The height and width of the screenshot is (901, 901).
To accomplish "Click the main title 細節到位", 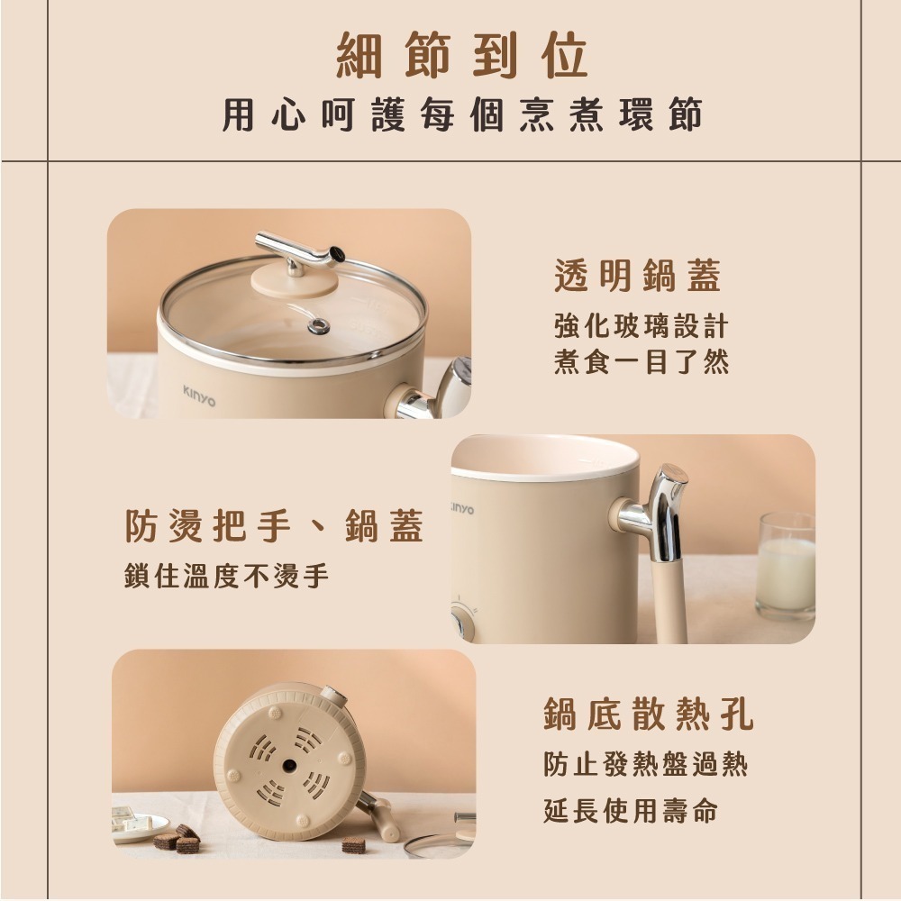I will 461,56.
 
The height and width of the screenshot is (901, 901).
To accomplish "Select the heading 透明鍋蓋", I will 638,277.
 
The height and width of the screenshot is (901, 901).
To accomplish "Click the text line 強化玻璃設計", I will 641,325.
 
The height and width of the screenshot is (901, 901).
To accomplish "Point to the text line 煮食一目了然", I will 641,362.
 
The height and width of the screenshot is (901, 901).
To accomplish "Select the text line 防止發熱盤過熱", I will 645,766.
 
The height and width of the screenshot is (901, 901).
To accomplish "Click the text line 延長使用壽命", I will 631,811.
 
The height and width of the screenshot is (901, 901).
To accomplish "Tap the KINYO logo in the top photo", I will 199,392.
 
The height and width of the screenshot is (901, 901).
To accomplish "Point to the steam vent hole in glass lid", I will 317,326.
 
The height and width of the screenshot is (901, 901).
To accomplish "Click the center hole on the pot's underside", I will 290,765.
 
